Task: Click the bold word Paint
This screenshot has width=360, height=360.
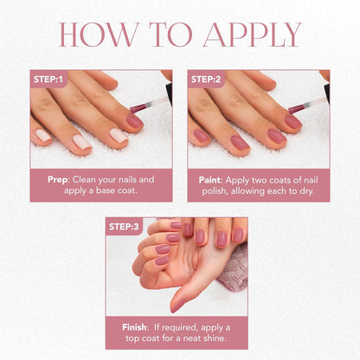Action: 211,180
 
